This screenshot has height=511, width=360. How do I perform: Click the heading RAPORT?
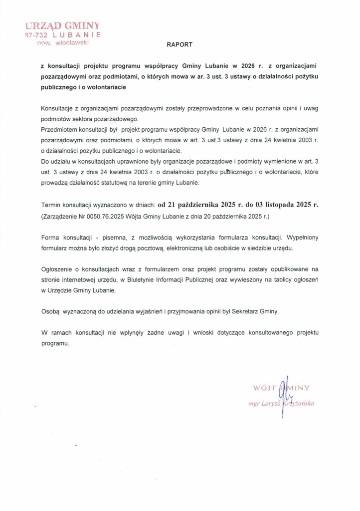click(x=179, y=44)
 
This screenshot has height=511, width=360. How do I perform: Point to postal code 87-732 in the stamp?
click(x=37, y=35)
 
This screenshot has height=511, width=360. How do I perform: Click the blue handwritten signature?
click(x=285, y=397)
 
